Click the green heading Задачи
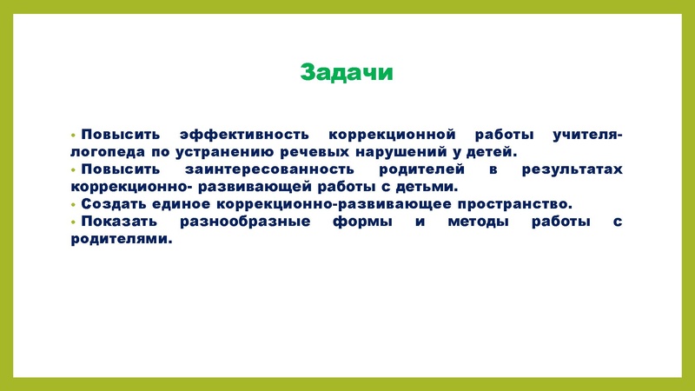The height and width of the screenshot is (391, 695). tap(347, 73)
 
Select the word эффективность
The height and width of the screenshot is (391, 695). tap(244, 136)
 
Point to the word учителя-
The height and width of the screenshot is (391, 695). tap(586, 136)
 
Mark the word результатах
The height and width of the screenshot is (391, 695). tap(572, 169)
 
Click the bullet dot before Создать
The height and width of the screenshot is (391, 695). tap(74, 204)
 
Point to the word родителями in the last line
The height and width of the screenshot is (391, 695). tap(116, 238)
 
